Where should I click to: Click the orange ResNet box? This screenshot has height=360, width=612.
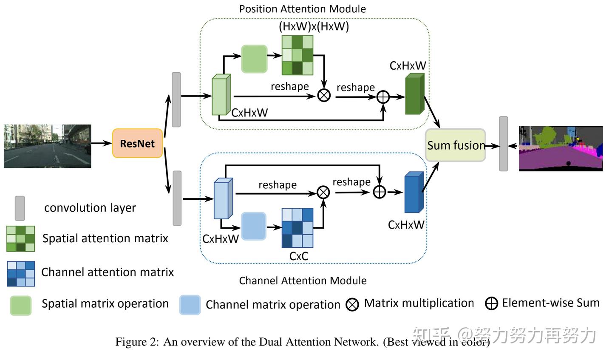[137, 144]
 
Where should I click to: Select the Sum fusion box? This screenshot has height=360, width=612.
[455, 145]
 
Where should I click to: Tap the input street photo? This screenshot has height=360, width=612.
[47, 146]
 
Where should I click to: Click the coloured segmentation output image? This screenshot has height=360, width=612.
[561, 148]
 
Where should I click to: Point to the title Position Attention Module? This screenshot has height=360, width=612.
[302, 9]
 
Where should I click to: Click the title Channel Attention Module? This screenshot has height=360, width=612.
[303, 281]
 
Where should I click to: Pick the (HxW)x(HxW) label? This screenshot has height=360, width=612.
[314, 26]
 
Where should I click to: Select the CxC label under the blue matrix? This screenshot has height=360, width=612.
[298, 256]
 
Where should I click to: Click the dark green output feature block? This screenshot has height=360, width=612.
[414, 94]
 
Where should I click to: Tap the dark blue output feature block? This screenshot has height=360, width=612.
[414, 193]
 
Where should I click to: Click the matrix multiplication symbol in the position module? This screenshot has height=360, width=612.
[324, 95]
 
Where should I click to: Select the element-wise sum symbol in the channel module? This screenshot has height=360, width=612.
[379, 192]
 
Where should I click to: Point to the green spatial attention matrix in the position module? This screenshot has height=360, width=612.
[297, 55]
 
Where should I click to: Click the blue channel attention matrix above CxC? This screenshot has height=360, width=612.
[297, 228]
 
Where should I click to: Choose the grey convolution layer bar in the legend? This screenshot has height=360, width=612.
[20, 208]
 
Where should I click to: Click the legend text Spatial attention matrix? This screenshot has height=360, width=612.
[105, 238]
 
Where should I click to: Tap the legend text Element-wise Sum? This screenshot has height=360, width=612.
[550, 303]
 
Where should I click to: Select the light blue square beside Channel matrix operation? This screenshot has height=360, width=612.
[190, 305]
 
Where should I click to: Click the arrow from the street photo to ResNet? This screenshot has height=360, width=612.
[102, 144]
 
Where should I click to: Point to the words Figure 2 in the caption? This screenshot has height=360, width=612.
[135, 342]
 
